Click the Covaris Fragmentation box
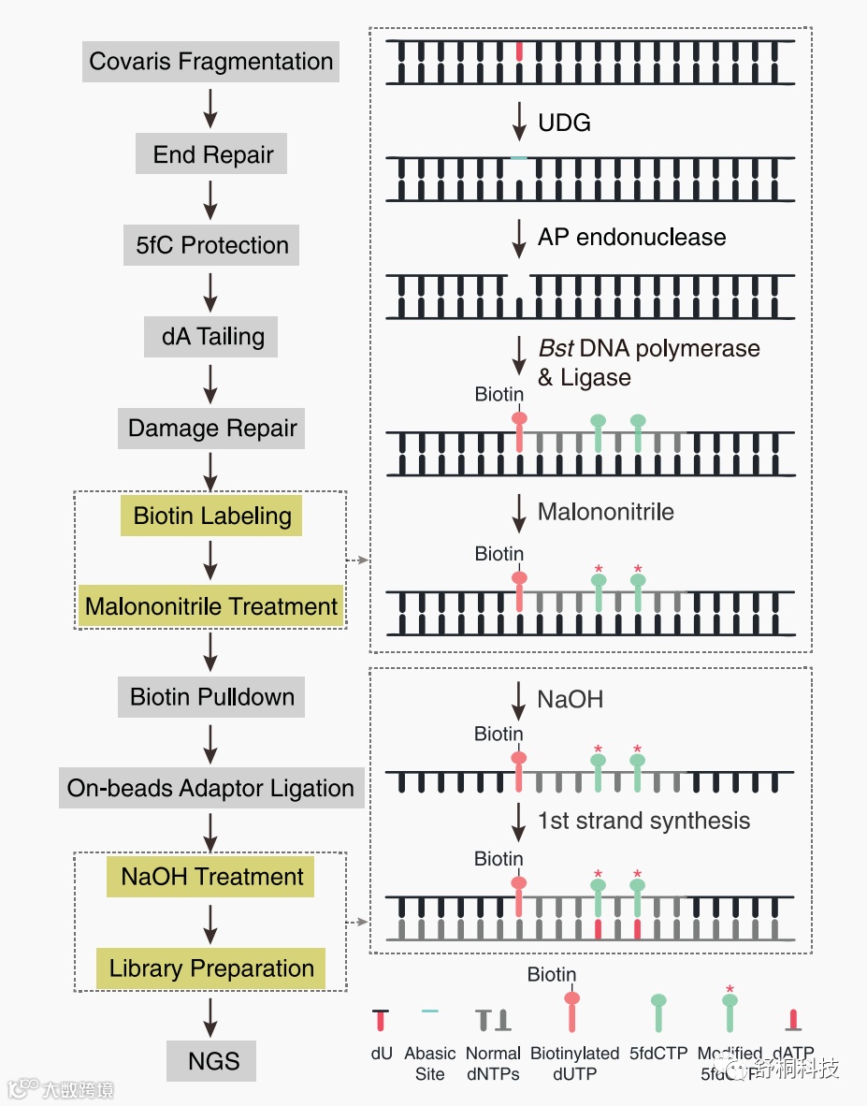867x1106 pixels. pos(210,62)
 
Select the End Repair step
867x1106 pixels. pos(213,154)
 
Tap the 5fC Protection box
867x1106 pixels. pos(212,245)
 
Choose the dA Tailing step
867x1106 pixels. pos(212,337)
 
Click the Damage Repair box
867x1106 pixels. pos(212,429)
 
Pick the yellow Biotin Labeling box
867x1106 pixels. pos(212,516)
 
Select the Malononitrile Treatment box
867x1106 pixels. pos(211,606)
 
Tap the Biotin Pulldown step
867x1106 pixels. pos(212,697)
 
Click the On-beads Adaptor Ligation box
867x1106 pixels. pos(210,788)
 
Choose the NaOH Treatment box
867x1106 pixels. pos(212,877)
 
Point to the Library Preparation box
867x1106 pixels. pos(211,968)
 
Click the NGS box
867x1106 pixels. pos(213,1061)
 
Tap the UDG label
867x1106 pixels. pos(564,123)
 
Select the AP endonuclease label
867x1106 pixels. pos(631,237)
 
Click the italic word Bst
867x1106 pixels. pos(556,349)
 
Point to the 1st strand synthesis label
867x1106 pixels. pos(643,821)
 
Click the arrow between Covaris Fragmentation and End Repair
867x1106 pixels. pos(210,108)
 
